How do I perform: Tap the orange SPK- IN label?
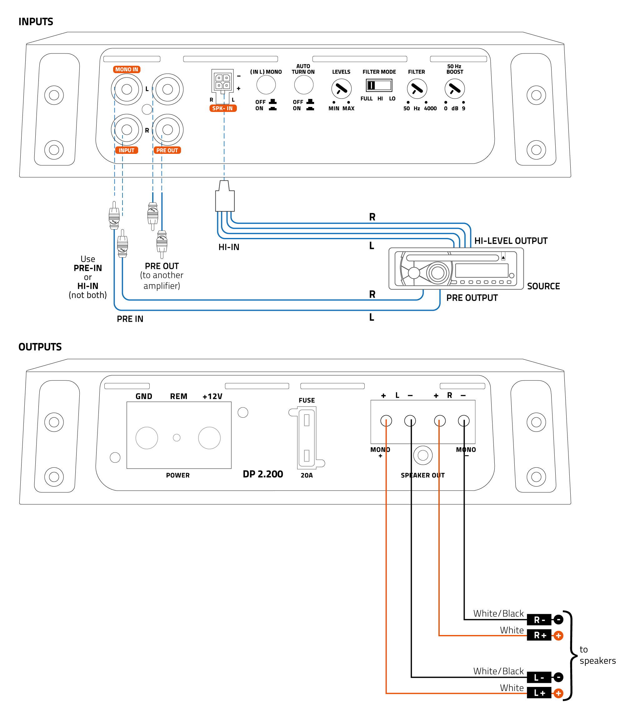coord(223,108)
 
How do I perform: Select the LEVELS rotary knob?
coord(341,89)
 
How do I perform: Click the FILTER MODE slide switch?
coord(378,86)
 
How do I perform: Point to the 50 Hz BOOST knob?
coord(454,89)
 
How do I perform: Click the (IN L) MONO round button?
coord(266,85)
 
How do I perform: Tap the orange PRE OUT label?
coord(167,151)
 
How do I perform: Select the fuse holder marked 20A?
coord(307,438)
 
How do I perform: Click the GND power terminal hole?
coord(147,438)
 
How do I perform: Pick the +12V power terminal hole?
coord(209,438)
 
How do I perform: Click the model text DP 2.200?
coord(263,474)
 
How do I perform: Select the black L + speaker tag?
coord(539,693)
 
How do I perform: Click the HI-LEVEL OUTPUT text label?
coord(510,241)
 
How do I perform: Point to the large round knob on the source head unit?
coord(437,273)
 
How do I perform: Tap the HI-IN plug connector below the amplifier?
coord(225,198)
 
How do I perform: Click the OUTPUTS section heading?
coord(40,347)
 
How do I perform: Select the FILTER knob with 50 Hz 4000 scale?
coord(417,89)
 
